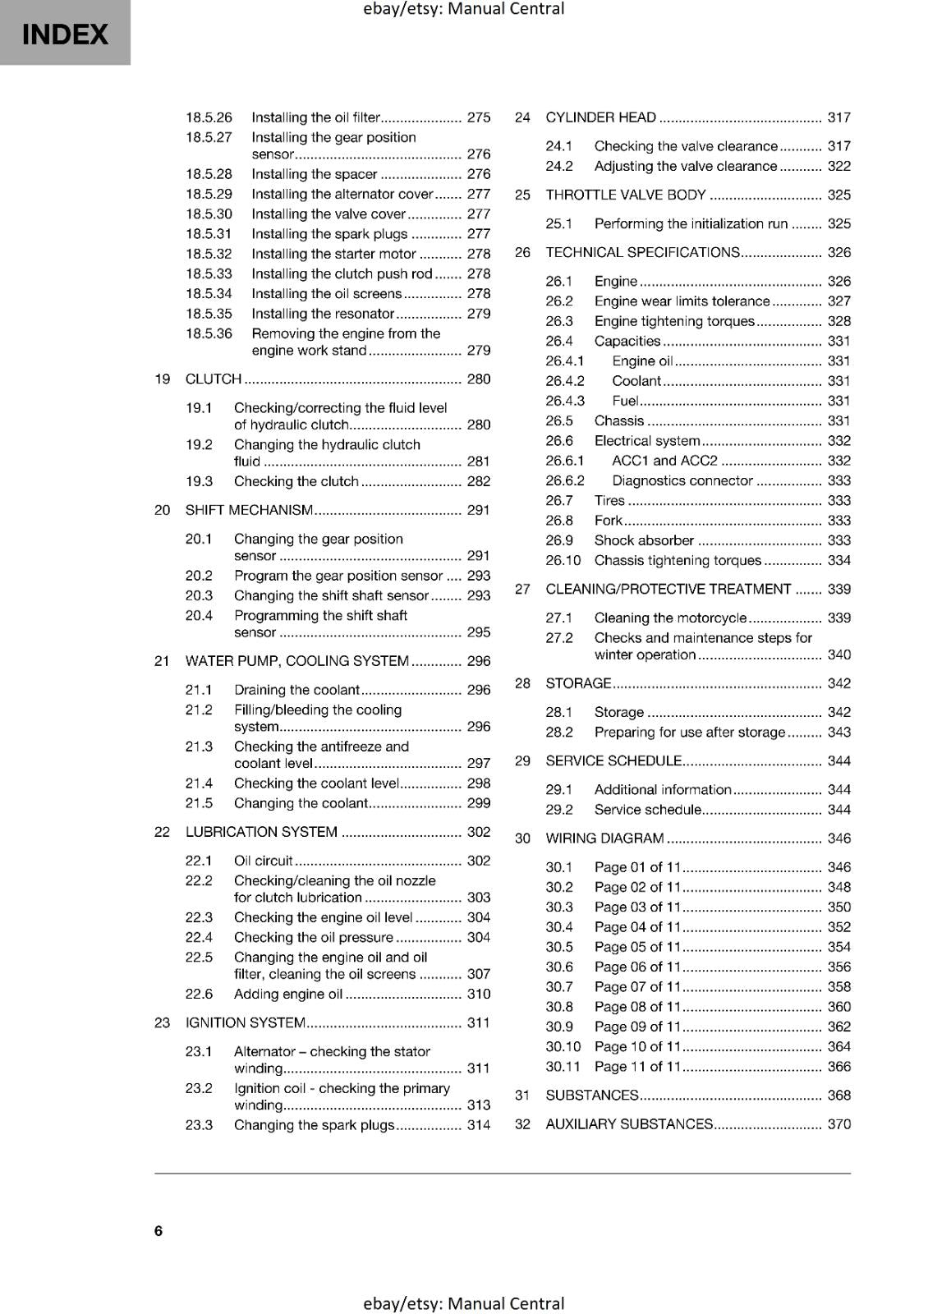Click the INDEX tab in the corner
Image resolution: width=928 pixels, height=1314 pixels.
pyautogui.click(x=65, y=34)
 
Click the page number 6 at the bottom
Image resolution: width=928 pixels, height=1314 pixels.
pyautogui.click(x=158, y=1230)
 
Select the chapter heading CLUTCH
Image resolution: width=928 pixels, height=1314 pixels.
pyautogui.click(x=214, y=379)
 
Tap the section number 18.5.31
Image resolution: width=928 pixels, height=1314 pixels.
pyautogui.click(x=209, y=234)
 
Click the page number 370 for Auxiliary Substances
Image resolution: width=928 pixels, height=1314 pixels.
pyautogui.click(x=838, y=1123)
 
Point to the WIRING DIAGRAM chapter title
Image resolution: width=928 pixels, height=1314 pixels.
pyautogui.click(x=604, y=838)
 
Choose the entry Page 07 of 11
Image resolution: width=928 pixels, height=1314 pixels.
pyautogui.click(x=638, y=986)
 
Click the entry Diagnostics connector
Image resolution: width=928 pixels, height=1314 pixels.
pyautogui.click(x=682, y=480)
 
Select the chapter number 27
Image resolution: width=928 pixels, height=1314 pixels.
pyautogui.click(x=522, y=589)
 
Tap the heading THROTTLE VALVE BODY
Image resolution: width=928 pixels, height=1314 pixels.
pyautogui.click(x=626, y=195)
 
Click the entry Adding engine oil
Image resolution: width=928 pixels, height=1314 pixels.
pyautogui.click(x=288, y=994)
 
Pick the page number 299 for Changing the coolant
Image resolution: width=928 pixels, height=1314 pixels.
pyautogui.click(x=478, y=803)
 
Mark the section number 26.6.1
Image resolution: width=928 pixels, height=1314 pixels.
pyautogui.click(x=565, y=461)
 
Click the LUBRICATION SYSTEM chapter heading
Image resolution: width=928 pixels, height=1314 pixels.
pyautogui.click(x=261, y=832)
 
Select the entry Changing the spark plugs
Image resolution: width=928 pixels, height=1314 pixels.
pyautogui.click(x=314, y=1125)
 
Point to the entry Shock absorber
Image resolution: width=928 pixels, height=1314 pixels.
pyautogui.click(x=644, y=540)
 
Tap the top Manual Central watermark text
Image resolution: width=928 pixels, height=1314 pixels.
pyautogui.click(x=463, y=9)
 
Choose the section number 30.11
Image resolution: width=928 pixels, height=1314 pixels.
pyautogui.click(x=563, y=1066)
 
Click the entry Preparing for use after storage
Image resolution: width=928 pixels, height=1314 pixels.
pyautogui.click(x=690, y=732)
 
